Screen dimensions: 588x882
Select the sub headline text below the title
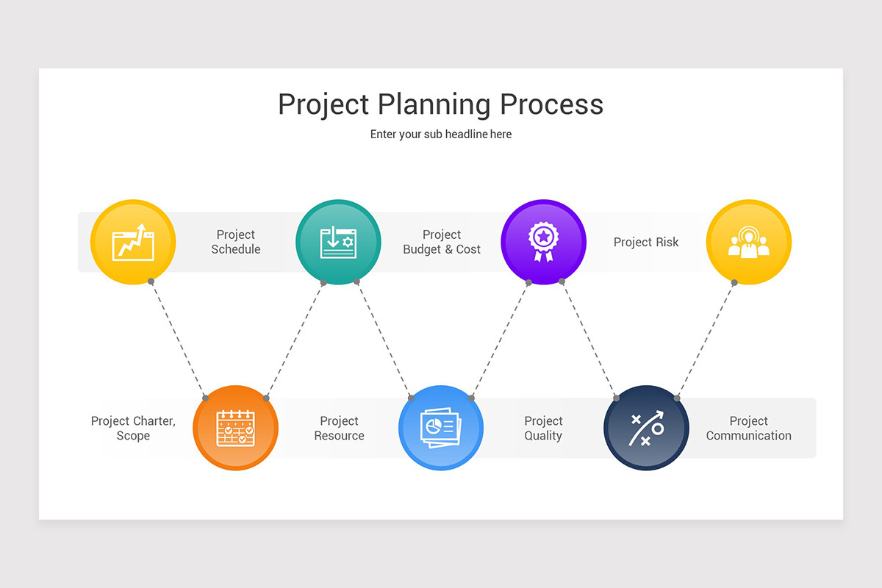pos(441,135)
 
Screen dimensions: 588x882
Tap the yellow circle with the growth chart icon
pos(133,242)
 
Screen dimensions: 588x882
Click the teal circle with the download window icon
pos(338,242)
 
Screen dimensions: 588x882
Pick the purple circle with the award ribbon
pos(543,242)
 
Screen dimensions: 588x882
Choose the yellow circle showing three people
pos(748,242)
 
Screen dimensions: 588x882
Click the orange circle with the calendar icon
pos(235,428)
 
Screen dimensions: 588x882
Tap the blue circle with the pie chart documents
pos(441,428)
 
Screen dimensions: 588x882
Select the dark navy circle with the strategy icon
pos(646,428)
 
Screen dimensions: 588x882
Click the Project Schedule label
pos(236,242)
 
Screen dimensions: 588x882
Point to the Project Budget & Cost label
pos(442,242)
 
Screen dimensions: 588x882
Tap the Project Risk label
pos(646,242)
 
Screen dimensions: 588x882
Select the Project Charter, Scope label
pos(133,428)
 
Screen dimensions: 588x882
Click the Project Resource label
pos(339,428)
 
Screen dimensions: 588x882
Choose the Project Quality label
pos(543,428)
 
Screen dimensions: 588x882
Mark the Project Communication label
pos(748,428)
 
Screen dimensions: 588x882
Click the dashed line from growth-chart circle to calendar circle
pos(179,340)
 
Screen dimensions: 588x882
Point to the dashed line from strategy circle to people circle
pos(706,340)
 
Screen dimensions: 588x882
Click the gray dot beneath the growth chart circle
pos(151,282)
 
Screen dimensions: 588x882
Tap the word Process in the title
pos(552,104)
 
